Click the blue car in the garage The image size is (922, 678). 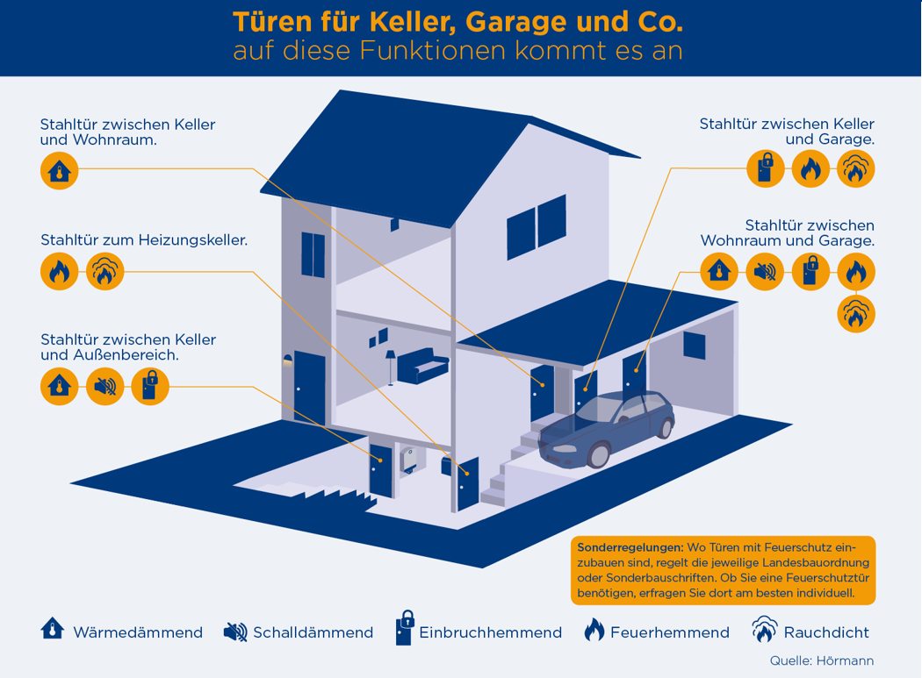[x=606, y=428]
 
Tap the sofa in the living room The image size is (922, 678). [x=422, y=366]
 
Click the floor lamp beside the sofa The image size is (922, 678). [x=391, y=368]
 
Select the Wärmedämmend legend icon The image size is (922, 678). [x=53, y=629]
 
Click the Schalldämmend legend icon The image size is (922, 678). [x=235, y=632]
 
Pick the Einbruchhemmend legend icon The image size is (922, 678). [x=405, y=627]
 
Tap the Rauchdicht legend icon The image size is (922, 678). [x=764, y=629]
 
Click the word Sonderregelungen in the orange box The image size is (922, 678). [x=630, y=547]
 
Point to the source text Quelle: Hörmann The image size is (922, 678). [x=822, y=661]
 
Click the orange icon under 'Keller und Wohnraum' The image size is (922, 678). [x=60, y=170]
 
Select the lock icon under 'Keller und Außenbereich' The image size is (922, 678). [x=150, y=387]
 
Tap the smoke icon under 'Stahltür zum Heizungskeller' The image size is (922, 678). [x=105, y=271]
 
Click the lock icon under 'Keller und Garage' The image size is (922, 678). [x=766, y=168]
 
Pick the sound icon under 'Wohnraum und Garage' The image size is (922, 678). [x=765, y=272]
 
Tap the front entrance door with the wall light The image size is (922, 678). [x=309, y=389]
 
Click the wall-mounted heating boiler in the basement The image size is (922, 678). [x=409, y=459]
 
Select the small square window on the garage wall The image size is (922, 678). [x=694, y=346]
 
